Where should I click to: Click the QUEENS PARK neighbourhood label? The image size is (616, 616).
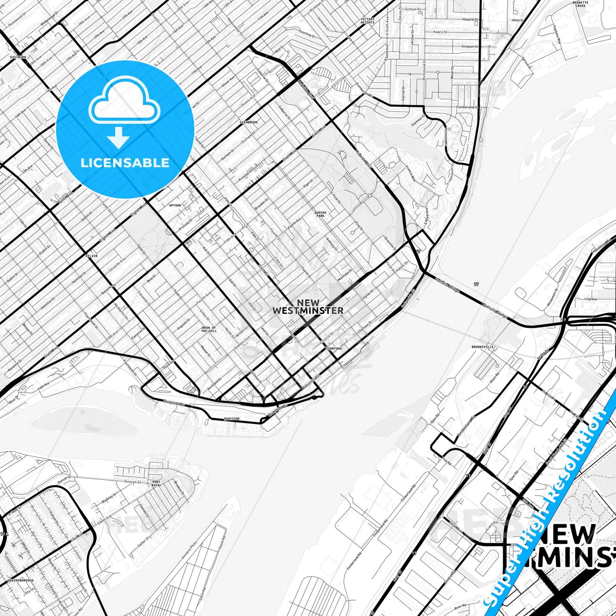point(320,214)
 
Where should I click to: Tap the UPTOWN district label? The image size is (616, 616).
point(175,205)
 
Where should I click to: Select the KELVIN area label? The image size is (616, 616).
point(91,256)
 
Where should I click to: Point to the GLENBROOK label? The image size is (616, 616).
point(249,122)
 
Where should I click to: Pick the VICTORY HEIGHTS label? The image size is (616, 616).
point(367,21)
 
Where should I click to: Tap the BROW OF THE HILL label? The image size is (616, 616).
point(209,330)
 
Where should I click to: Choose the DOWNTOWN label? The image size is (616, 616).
point(333,348)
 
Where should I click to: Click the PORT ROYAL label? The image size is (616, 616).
point(156,483)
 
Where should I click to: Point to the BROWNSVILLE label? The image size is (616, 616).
point(482,347)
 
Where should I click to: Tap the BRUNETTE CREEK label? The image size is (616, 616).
point(580,4)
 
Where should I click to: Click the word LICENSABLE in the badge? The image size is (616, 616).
point(125,162)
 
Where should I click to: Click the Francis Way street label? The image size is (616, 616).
point(411,174)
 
